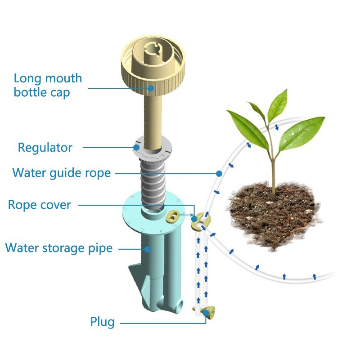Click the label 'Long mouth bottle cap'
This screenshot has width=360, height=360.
(x=48, y=85)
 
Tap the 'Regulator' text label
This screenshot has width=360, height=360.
(x=45, y=147)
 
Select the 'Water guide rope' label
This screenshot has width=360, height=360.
(x=62, y=172)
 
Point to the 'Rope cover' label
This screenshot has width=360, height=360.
(x=40, y=205)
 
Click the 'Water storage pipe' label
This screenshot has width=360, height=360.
(x=58, y=248)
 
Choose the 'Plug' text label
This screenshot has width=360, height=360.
(x=103, y=322)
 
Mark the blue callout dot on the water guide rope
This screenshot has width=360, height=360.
(x=219, y=173)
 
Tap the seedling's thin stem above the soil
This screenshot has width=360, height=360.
(x=272, y=171)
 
